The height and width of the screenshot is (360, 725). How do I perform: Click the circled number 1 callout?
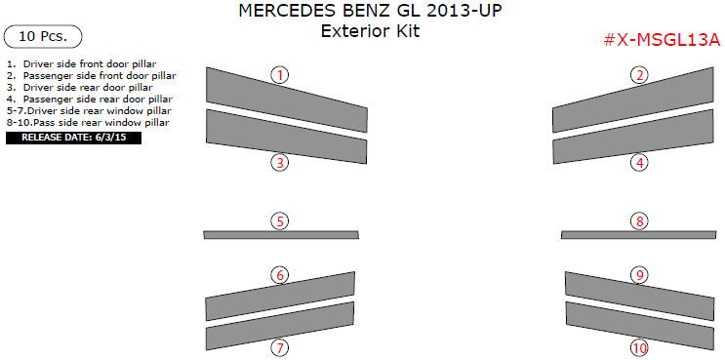pyautogui.click(x=280, y=75)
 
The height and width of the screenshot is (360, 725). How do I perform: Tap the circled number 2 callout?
pyautogui.click(x=639, y=75)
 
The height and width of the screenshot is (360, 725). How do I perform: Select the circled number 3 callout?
pyautogui.click(x=280, y=163)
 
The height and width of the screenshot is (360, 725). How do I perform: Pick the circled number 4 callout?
pyautogui.click(x=639, y=163)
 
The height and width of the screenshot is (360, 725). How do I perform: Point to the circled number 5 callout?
pyautogui.click(x=280, y=221)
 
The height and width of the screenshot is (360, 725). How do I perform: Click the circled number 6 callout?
pyautogui.click(x=280, y=275)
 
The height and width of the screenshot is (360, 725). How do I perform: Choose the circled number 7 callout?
pyautogui.click(x=280, y=347)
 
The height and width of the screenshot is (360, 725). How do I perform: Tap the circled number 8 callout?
pyautogui.click(x=639, y=221)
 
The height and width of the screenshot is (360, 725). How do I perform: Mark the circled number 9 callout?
pyautogui.click(x=639, y=275)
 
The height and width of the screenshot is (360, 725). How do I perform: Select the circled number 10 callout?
pyautogui.click(x=639, y=347)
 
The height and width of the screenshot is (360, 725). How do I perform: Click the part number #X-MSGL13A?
pyautogui.click(x=662, y=40)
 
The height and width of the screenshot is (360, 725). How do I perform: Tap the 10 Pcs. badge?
pyautogui.click(x=43, y=37)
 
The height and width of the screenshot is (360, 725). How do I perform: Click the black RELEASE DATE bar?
pyautogui.click(x=73, y=139)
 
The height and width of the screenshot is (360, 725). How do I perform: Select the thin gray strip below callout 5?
pyautogui.click(x=281, y=235)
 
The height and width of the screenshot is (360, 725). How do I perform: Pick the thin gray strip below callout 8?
pyautogui.click(x=639, y=235)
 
